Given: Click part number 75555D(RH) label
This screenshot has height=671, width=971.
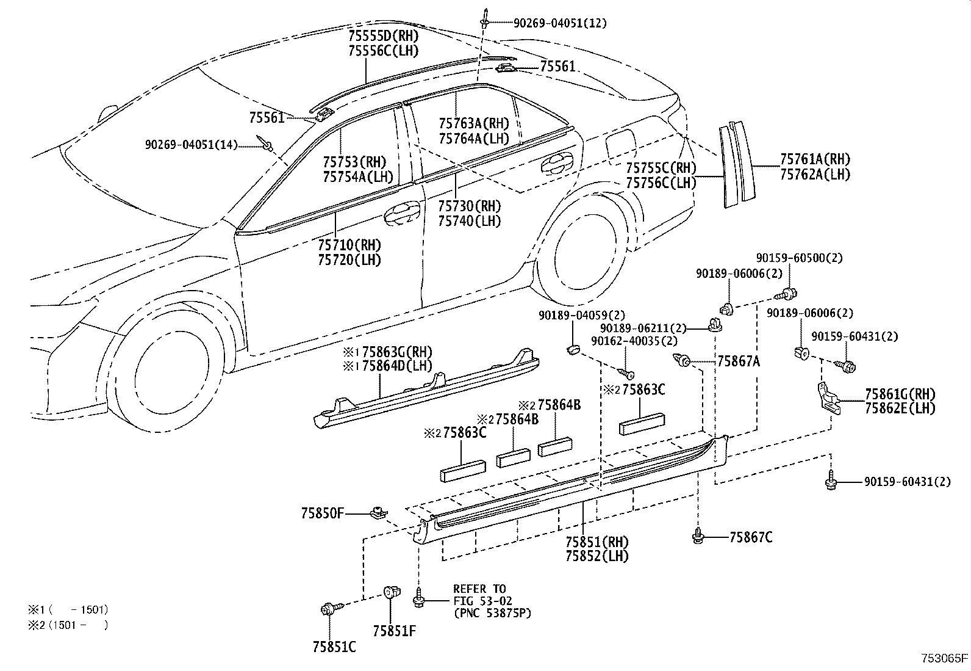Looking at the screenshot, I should click(383, 35).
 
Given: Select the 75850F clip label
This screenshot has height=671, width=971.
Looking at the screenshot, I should click(321, 513).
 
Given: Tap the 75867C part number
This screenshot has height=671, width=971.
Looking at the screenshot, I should click(750, 537).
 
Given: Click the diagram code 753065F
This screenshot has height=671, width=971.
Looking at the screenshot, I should click(944, 658).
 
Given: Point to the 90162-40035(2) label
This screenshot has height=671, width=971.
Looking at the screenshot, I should click(634, 341).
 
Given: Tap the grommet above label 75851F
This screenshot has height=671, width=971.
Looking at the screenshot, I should click(391, 593).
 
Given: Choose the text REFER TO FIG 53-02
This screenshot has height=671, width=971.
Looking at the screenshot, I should click(479, 595).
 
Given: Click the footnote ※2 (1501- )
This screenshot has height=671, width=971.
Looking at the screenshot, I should click(67, 625).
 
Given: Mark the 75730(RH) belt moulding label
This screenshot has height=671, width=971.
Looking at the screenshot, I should click(468, 206).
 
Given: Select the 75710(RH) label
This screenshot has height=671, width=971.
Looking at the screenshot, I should click(349, 245).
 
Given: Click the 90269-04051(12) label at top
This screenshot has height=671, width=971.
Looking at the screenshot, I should click(559, 23).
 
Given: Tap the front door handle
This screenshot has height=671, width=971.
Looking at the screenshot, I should click(401, 211).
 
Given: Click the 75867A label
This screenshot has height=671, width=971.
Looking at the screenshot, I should click(738, 361).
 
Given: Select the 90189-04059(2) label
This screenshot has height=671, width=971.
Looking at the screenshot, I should click(581, 315).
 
